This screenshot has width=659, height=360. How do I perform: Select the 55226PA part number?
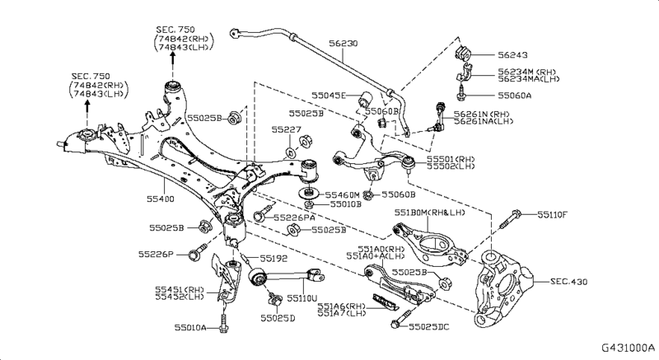point(296,217)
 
